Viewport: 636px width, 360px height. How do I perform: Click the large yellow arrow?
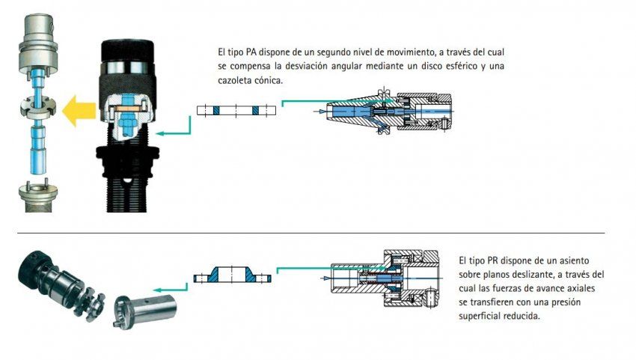pos(79,111)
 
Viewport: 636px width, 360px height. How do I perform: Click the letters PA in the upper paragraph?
pos(251,52)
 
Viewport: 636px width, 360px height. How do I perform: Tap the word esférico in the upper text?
pos(459,66)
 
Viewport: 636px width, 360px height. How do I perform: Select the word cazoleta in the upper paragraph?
pos(234,80)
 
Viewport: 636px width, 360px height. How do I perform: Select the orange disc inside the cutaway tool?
pos(128,109)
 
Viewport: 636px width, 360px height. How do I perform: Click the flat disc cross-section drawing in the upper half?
pos(236,110)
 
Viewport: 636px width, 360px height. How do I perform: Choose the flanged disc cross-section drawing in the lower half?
pos(233,275)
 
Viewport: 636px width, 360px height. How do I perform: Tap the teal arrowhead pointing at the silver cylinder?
pos(157,290)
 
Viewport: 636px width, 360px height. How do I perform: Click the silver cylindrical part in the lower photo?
pos(145,310)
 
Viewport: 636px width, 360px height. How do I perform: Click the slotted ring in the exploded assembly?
pos(37,107)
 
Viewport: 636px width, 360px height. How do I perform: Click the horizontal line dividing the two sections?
pos(311,233)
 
